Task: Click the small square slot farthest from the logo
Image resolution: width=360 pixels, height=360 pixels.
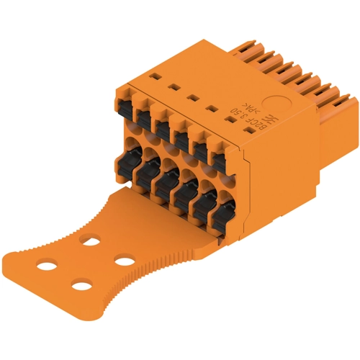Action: (151, 75)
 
